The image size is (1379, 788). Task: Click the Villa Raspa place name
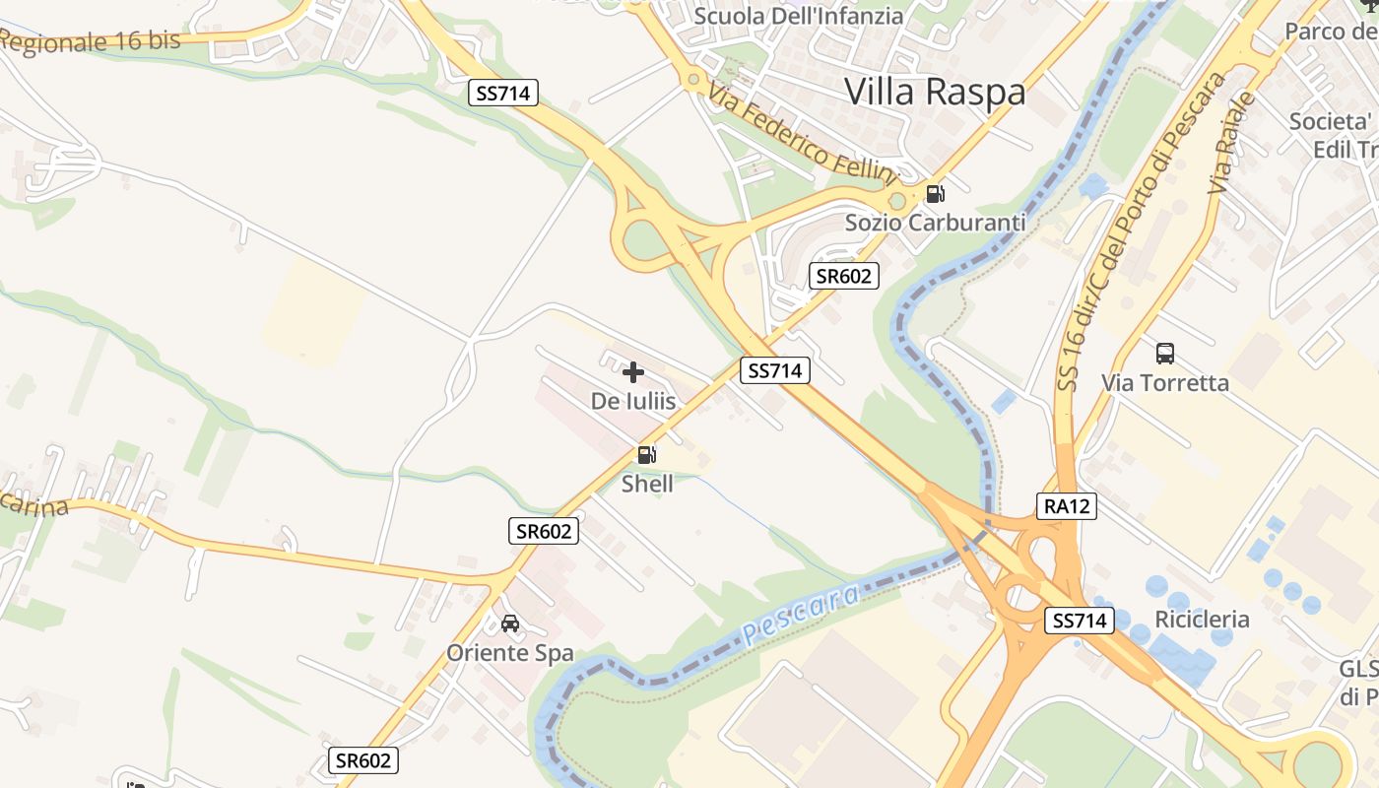pyautogui.click(x=935, y=92)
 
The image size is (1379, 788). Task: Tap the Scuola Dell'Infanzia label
pyautogui.click(x=799, y=16)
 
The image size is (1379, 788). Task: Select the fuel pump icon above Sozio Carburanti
pyautogui.click(x=936, y=194)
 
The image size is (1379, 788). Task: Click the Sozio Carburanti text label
pyautogui.click(x=936, y=223)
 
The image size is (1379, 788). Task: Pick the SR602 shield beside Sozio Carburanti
pyautogui.click(x=844, y=276)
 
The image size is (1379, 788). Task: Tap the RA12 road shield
pyautogui.click(x=1067, y=506)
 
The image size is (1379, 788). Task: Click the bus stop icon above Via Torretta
pyautogui.click(x=1165, y=354)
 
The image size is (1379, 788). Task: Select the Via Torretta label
pyautogui.click(x=1165, y=382)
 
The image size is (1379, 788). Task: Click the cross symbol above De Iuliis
pyautogui.click(x=633, y=372)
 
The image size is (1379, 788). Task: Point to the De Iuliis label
pyautogui.click(x=633, y=401)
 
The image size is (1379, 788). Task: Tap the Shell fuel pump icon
pyautogui.click(x=647, y=455)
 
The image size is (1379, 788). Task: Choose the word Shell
pyautogui.click(x=647, y=484)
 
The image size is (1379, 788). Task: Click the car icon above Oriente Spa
pyautogui.click(x=510, y=624)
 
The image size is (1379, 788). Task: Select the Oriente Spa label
pyautogui.click(x=510, y=652)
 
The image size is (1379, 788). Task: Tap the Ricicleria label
pyautogui.click(x=1202, y=620)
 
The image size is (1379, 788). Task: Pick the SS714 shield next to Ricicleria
pyautogui.click(x=1080, y=621)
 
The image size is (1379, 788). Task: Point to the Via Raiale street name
pyautogui.click(x=1232, y=143)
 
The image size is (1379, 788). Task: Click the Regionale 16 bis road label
pyautogui.click(x=91, y=40)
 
